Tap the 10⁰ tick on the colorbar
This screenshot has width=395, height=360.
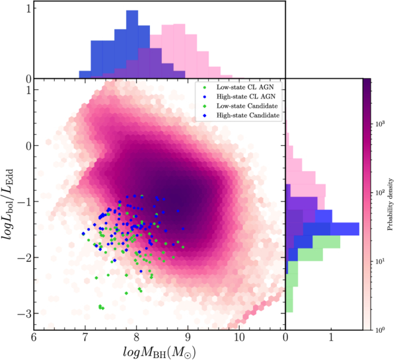(x=379, y=328)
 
